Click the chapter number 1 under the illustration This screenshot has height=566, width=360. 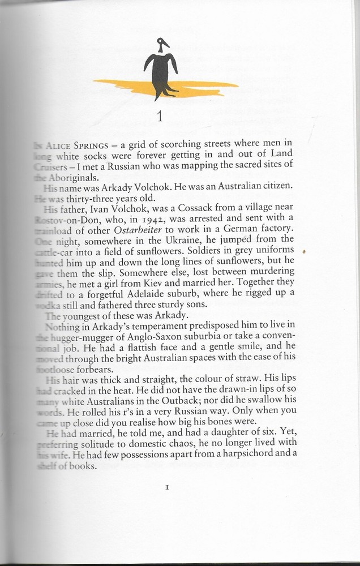[x=160, y=117]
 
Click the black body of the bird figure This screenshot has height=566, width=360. [x=160, y=71]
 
